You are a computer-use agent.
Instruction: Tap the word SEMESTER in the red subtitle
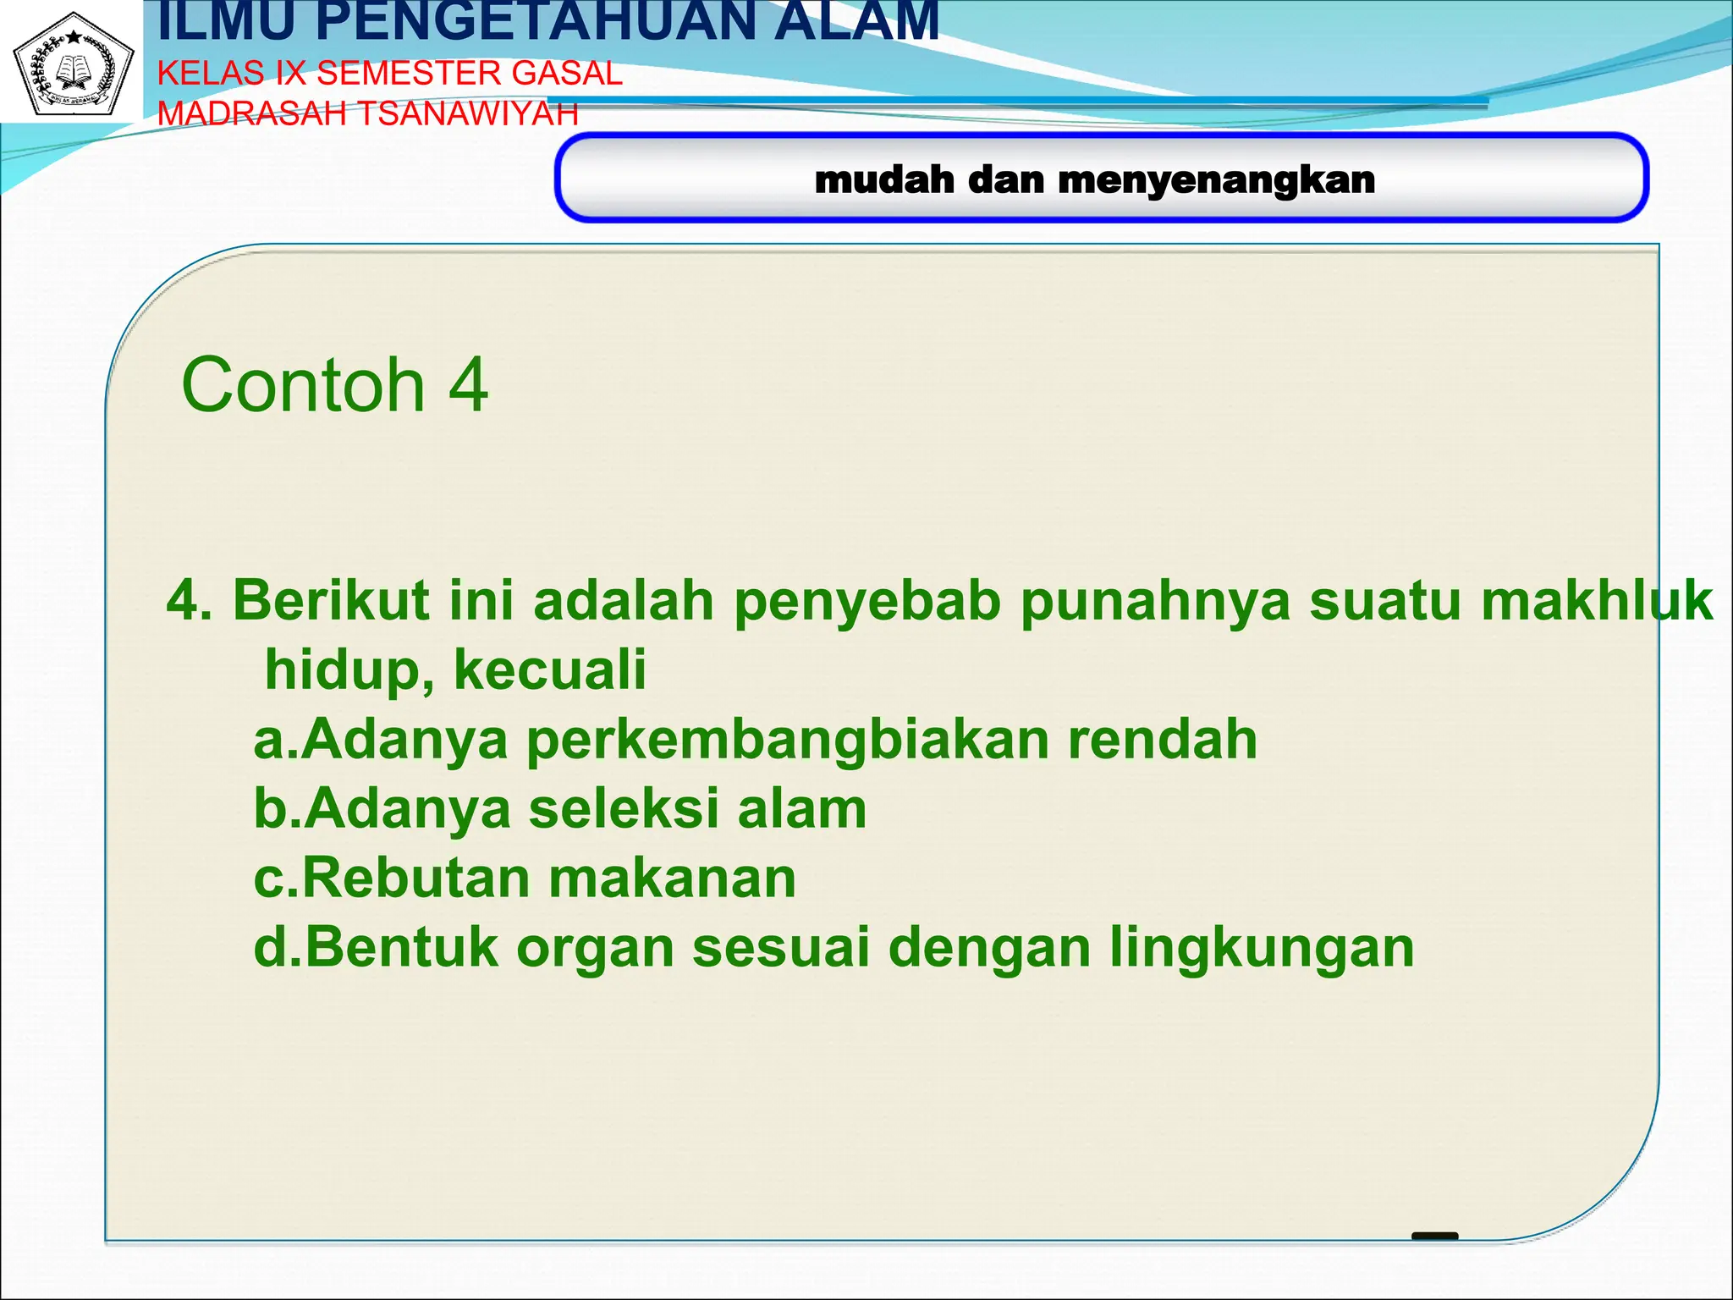tap(410, 74)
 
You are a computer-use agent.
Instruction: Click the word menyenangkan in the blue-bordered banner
tap(1216, 180)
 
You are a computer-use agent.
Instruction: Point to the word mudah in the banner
tap(884, 180)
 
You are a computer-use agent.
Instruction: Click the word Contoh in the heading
tap(302, 385)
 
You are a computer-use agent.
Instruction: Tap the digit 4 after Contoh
tap(468, 385)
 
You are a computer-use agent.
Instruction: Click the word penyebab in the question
tap(866, 601)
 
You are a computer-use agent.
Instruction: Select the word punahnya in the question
tap(1155, 601)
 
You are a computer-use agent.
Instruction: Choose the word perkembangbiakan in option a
tap(788, 740)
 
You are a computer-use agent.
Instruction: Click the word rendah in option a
tap(1163, 740)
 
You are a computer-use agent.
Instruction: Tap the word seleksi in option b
tap(624, 809)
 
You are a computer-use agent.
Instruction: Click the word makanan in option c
tap(673, 879)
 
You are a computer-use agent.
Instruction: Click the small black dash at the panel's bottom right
tap(1435, 1237)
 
